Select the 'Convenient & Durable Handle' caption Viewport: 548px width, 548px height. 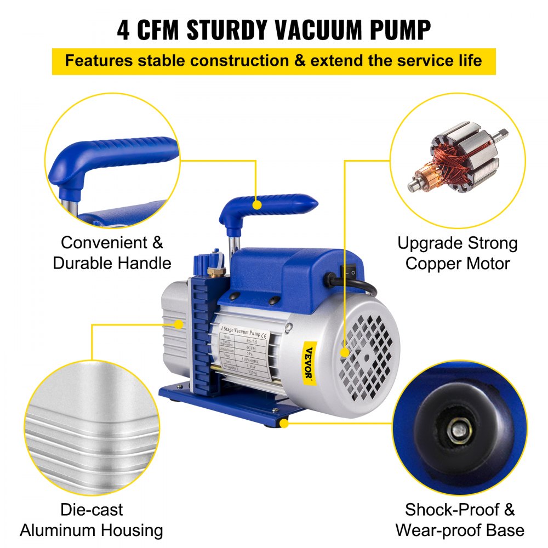click(x=112, y=253)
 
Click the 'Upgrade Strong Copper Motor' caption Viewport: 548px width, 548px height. click(x=457, y=253)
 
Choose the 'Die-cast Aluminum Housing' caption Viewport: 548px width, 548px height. click(x=92, y=520)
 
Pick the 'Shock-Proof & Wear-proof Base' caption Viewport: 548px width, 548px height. click(x=460, y=520)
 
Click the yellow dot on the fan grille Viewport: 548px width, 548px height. click(x=345, y=353)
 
